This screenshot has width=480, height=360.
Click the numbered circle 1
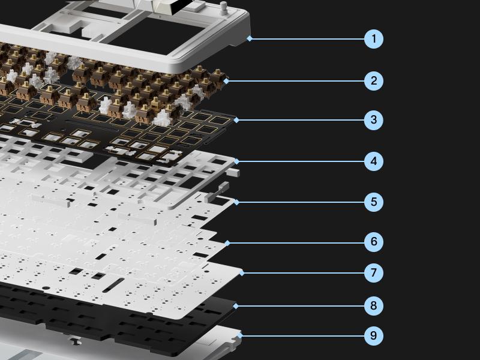pyautogui.click(x=373, y=39)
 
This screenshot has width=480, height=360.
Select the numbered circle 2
pyautogui.click(x=373, y=81)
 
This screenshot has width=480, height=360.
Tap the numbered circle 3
pyautogui.click(x=373, y=119)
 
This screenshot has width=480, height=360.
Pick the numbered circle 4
pyautogui.click(x=373, y=161)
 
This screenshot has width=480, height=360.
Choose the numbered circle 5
pyautogui.click(x=373, y=202)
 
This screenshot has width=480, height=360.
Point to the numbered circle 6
pyautogui.click(x=373, y=242)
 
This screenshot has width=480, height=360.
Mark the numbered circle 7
pyautogui.click(x=373, y=273)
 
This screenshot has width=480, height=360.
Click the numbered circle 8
pyautogui.click(x=373, y=305)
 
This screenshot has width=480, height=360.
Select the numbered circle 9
pyautogui.click(x=373, y=335)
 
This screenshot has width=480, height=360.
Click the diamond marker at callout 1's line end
pyautogui.click(x=250, y=38)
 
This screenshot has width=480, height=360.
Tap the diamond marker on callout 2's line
pyautogui.click(x=226, y=81)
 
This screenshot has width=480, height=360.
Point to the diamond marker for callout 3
pyautogui.click(x=236, y=120)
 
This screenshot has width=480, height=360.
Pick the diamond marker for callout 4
pyautogui.click(x=236, y=161)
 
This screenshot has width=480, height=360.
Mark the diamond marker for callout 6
pyautogui.click(x=227, y=243)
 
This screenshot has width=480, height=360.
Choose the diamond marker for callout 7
pyautogui.click(x=242, y=273)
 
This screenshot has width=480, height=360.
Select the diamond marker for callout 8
pyautogui.click(x=235, y=306)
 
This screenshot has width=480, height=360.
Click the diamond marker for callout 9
pyautogui.click(x=239, y=335)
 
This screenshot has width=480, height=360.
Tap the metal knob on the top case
pyautogui.click(x=224, y=8)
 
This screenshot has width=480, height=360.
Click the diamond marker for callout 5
pyautogui.click(x=236, y=202)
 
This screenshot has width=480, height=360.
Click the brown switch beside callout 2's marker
pyautogui.click(x=217, y=79)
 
